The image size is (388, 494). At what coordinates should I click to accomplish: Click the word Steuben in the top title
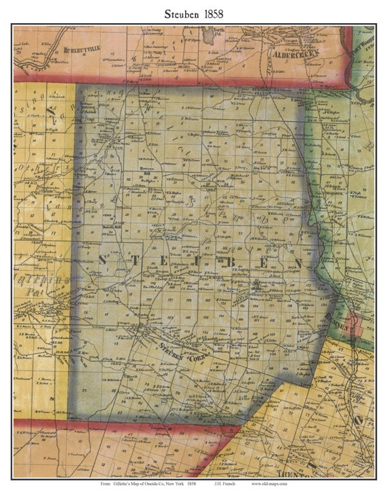click(x=181, y=13)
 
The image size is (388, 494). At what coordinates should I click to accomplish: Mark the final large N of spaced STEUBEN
click(x=297, y=261)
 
